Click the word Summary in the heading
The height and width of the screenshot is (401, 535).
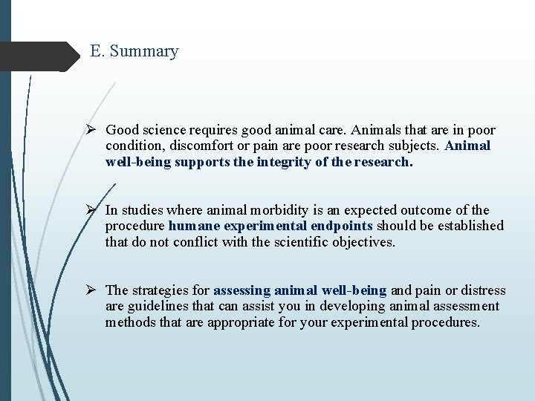144,51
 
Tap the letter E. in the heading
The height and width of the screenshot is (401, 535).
97,51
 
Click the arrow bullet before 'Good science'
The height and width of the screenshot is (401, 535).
93,130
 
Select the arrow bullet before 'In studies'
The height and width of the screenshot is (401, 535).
93,210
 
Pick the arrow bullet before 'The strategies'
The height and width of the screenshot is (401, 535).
93,290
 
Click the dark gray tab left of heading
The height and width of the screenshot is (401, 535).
37,56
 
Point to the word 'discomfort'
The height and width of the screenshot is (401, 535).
189,146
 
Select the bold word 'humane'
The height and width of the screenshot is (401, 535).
193,226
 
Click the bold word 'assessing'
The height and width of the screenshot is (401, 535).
242,290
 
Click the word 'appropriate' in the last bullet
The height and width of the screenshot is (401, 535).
242,322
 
